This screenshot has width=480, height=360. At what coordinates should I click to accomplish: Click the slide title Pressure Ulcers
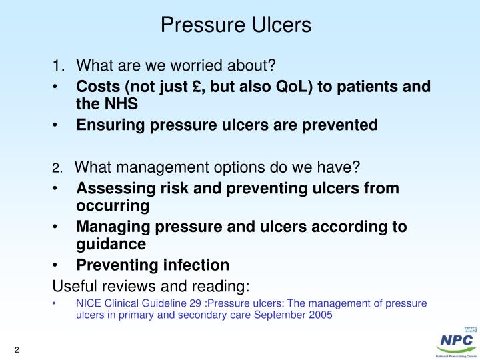[236, 25]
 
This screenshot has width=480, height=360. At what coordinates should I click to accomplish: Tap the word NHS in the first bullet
[120, 104]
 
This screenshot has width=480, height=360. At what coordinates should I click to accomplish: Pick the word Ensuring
[107, 125]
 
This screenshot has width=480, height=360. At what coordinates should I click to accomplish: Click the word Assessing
[111, 189]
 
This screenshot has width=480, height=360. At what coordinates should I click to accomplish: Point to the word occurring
[113, 206]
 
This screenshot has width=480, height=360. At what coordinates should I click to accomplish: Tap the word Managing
[109, 227]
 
